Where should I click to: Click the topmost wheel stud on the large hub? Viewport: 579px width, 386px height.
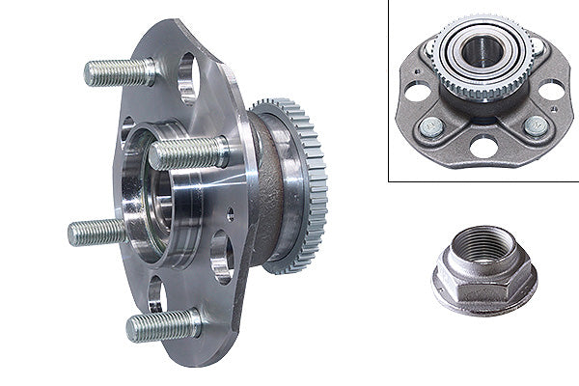pyautogui.click(x=118, y=71)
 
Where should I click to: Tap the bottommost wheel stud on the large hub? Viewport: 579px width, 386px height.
pyautogui.click(x=161, y=326)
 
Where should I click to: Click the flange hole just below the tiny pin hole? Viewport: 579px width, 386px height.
pyautogui.click(x=221, y=255)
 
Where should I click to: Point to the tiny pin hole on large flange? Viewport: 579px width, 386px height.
pyautogui.click(x=229, y=214)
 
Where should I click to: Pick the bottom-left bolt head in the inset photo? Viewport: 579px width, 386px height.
pyautogui.click(x=430, y=126)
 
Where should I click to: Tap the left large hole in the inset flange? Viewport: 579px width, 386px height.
pyautogui.click(x=417, y=92)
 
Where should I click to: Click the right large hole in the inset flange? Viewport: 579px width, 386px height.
pyautogui.click(x=550, y=91)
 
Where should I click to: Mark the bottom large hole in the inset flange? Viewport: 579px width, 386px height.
pyautogui.click(x=482, y=147)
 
